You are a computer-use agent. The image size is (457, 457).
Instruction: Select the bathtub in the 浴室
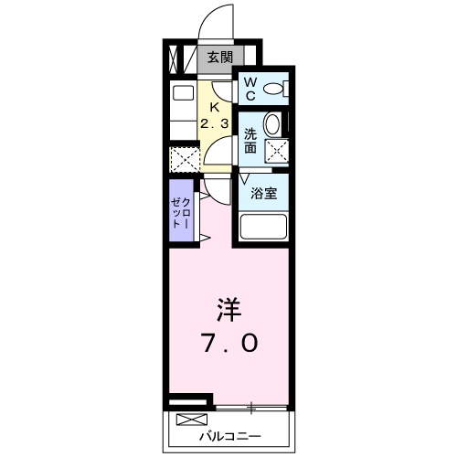[264, 228]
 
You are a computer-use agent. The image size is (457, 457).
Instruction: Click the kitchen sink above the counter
[183, 94]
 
